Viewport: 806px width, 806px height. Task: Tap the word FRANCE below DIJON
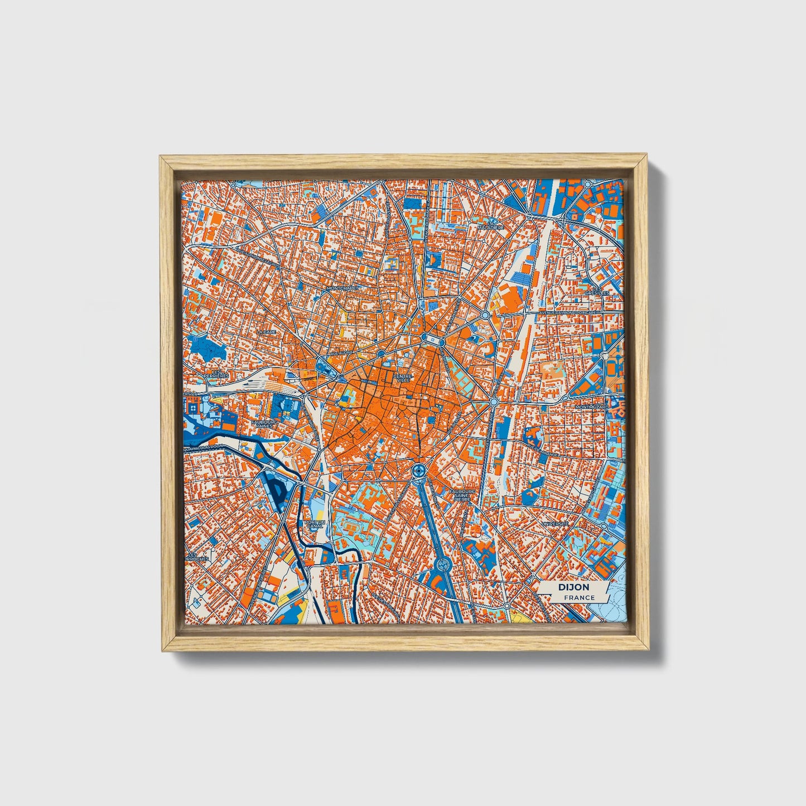[x=579, y=598]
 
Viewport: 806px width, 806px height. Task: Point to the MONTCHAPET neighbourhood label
[x=343, y=288]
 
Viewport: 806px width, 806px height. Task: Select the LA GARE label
[x=266, y=331]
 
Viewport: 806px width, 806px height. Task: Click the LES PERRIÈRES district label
[x=216, y=374]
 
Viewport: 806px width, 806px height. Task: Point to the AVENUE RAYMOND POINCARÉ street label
[x=566, y=313]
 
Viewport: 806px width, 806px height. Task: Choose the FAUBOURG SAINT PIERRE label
[x=462, y=495]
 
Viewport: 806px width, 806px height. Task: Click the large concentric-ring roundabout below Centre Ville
[x=417, y=472]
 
